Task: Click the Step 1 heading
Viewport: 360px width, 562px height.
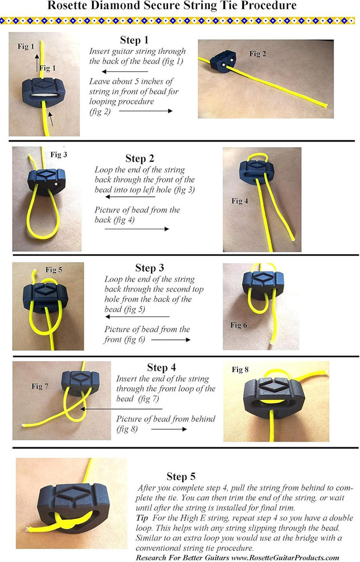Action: [134, 40]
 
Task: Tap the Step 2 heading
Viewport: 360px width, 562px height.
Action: [140, 158]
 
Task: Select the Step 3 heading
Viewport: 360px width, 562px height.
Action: [149, 268]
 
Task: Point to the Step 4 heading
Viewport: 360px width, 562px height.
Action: [161, 368]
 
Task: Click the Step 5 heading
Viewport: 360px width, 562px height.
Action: [181, 477]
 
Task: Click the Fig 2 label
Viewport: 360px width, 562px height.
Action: [258, 54]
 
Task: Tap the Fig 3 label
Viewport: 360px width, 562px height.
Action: [58, 155]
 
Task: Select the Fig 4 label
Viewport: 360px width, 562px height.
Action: [240, 201]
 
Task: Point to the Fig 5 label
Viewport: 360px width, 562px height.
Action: [54, 270]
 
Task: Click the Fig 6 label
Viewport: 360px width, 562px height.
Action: [239, 325]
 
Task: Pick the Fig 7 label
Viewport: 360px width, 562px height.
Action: [40, 386]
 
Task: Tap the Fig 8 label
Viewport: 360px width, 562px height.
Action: [240, 369]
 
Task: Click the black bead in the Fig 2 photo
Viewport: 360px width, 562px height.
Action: [222, 61]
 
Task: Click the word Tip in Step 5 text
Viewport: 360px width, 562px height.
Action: [142, 518]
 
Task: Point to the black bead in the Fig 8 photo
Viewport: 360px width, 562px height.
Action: [274, 398]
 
